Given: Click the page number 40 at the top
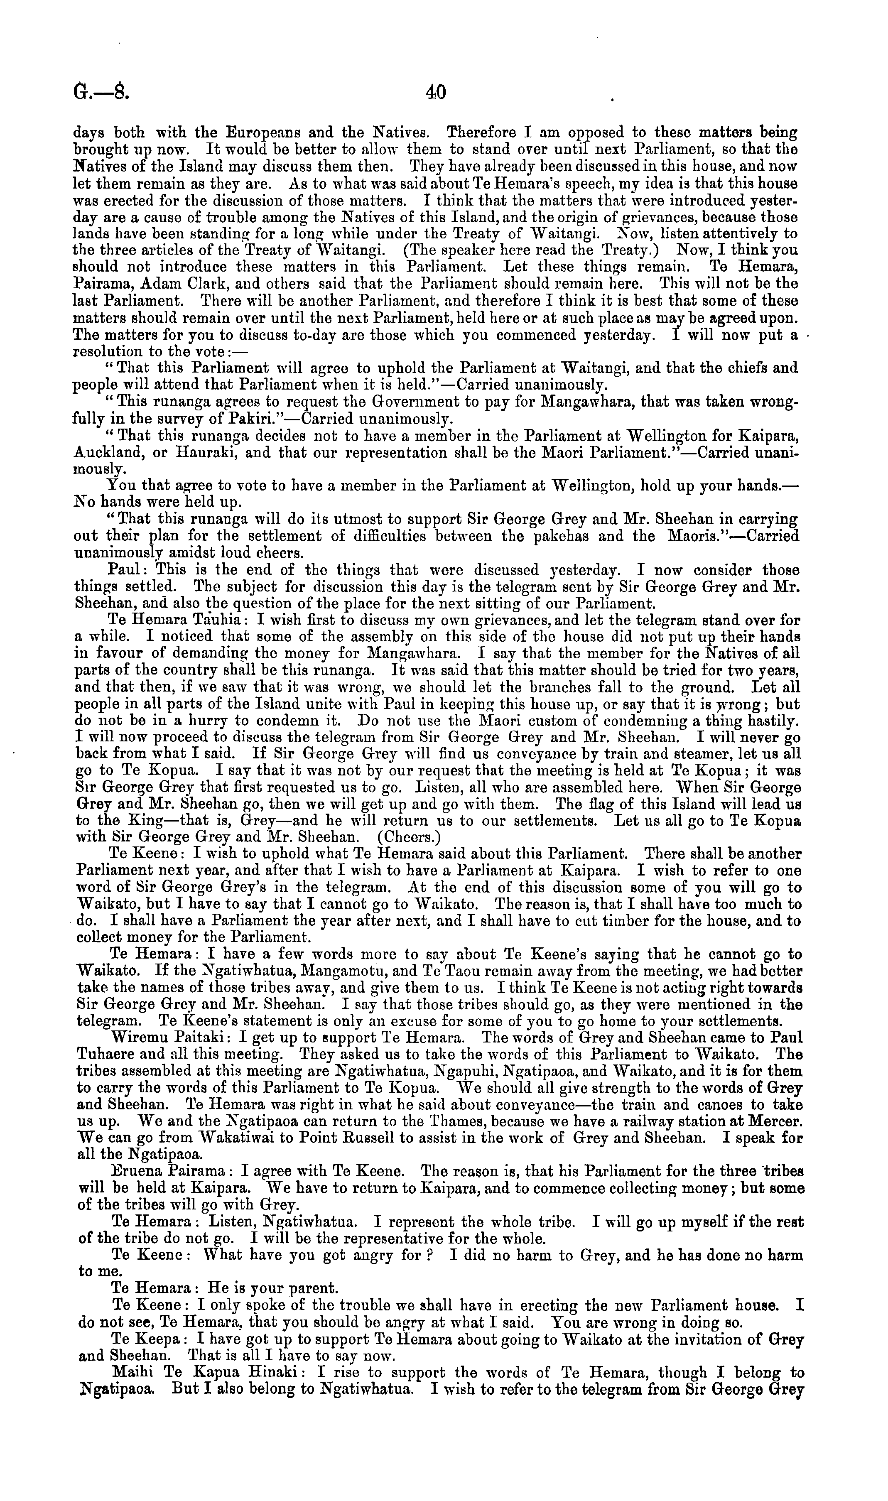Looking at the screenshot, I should [436, 92].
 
